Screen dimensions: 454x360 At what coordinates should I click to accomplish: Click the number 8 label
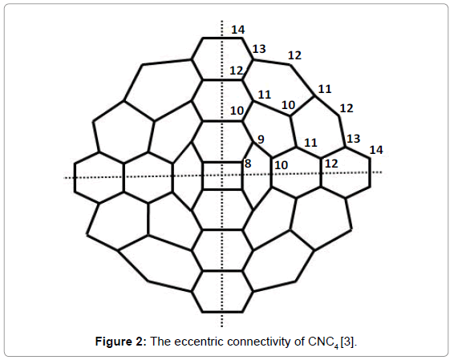pyautogui.click(x=248, y=164)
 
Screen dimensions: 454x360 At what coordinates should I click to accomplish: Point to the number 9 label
pyautogui.click(x=261, y=140)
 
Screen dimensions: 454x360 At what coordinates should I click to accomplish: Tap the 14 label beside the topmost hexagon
pyautogui.click(x=238, y=30)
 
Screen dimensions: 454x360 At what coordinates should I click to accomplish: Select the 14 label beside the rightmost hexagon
pyautogui.click(x=376, y=150)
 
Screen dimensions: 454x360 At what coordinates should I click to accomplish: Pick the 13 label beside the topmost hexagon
pyautogui.click(x=259, y=49)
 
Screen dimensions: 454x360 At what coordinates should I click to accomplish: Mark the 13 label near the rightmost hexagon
pyautogui.click(x=354, y=139)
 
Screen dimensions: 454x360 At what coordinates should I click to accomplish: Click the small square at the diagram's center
pyautogui.click(x=222, y=176)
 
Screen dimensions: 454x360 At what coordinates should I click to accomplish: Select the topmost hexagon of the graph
pyautogui.click(x=222, y=59)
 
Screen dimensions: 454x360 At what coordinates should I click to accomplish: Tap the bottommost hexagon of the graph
pyautogui.click(x=222, y=292)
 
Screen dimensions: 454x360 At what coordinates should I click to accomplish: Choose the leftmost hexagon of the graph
pyautogui.click(x=99, y=177)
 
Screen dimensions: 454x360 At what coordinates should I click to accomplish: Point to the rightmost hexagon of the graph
pyautogui.click(x=346, y=172)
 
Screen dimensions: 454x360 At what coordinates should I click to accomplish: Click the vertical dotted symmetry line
pyautogui.click(x=222, y=174)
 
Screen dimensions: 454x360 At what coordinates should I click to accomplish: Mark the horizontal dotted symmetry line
pyautogui.click(x=223, y=175)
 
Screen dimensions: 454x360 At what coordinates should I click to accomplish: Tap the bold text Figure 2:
pyautogui.click(x=121, y=342)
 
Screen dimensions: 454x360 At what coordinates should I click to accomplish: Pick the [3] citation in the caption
pyautogui.click(x=347, y=342)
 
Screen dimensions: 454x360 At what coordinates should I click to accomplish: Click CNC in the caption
pyautogui.click(x=321, y=342)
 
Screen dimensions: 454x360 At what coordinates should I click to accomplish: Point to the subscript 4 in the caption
pyautogui.click(x=336, y=346)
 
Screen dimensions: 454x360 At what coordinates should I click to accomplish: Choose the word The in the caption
pyautogui.click(x=161, y=342)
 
